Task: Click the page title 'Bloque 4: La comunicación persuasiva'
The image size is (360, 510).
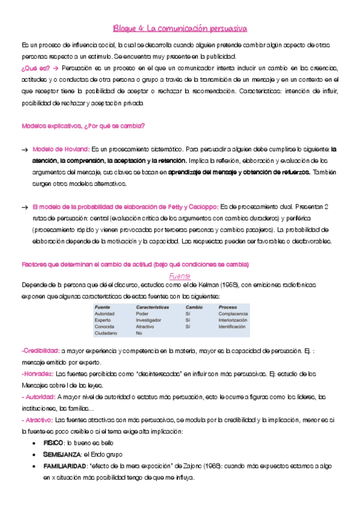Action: tap(180, 28)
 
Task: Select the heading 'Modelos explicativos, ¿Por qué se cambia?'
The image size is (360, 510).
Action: tap(82, 126)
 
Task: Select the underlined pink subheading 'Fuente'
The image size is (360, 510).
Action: tap(180, 276)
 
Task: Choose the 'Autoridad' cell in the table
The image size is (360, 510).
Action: tap(105, 314)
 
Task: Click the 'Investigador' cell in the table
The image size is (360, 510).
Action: tap(151, 320)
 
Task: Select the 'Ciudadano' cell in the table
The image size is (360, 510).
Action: tap(106, 333)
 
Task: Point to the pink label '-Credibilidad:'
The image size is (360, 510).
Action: tap(40, 350)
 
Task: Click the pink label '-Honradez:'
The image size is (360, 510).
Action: tap(37, 373)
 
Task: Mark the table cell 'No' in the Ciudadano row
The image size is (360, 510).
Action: tap(139, 333)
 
